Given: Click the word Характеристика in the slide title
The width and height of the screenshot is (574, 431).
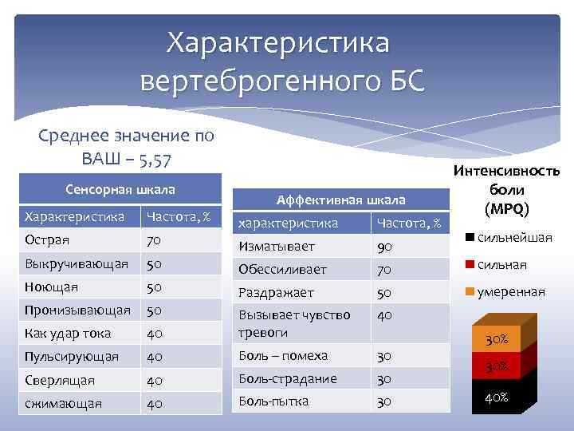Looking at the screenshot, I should click(278, 43).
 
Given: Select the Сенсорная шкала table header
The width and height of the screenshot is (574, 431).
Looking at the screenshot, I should click(120, 191).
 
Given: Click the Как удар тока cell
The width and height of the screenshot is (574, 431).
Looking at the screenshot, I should click(68, 333).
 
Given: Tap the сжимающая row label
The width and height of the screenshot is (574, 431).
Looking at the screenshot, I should click(64, 403).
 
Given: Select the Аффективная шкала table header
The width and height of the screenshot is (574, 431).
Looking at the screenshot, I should click(340, 200).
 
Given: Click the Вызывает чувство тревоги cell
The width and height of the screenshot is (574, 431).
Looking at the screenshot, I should click(295, 323).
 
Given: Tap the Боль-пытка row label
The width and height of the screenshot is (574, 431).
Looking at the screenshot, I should click(274, 401).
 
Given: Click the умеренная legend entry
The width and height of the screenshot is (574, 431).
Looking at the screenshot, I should click(511, 292).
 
